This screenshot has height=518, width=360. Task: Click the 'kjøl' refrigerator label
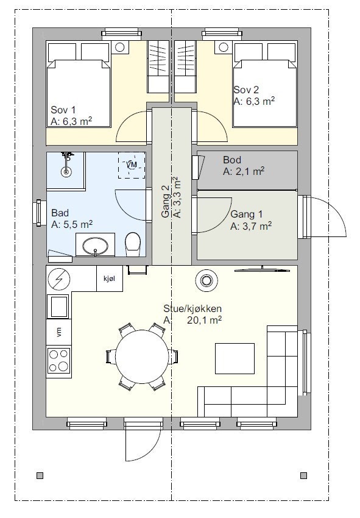point(109,279)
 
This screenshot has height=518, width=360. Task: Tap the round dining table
point(143,357)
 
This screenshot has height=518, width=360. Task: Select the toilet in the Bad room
point(133,244)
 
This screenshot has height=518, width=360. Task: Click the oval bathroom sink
point(95,246)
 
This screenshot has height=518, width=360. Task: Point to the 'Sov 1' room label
point(63,110)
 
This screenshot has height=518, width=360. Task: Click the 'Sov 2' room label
point(246,90)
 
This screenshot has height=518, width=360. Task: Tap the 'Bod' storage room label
point(232,160)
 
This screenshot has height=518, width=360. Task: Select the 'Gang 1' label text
point(246,214)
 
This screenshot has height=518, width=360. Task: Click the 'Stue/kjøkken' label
point(192,308)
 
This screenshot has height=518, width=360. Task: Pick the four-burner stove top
point(59,360)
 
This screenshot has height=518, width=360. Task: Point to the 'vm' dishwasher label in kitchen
point(59,332)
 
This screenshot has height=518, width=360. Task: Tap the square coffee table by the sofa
point(235,358)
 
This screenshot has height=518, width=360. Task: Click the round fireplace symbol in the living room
point(206,280)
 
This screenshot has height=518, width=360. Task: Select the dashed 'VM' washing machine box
point(132,165)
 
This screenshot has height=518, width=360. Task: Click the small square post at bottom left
point(40,475)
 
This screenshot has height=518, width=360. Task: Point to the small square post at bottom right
point(303,475)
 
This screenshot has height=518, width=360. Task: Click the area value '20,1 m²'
point(204,320)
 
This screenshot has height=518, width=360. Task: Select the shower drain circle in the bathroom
point(66,172)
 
